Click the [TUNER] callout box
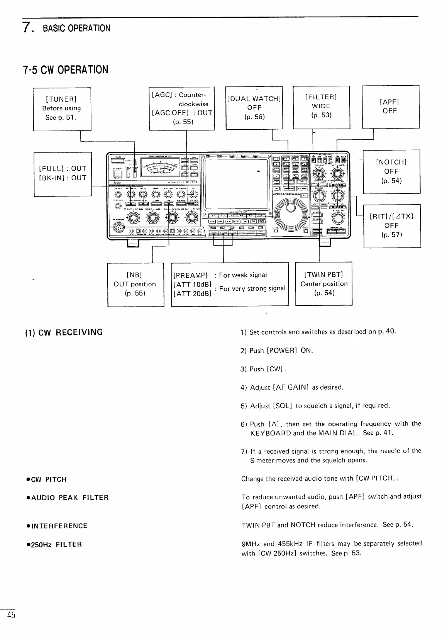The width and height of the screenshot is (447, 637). tap(62, 108)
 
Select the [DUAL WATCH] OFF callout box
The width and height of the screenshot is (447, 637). tap(254, 107)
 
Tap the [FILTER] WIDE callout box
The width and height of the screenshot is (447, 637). tap(321, 107)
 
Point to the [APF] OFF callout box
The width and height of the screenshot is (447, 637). tap(390, 107)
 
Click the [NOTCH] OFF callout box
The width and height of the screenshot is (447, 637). tap(391, 171)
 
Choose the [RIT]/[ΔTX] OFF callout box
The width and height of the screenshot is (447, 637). tap(391, 225)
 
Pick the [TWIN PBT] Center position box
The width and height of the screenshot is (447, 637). tap(323, 284)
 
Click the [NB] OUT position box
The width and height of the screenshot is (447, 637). tap(135, 284)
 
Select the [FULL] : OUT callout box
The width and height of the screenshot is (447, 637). tap(63, 173)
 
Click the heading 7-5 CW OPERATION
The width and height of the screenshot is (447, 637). tap(66, 70)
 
